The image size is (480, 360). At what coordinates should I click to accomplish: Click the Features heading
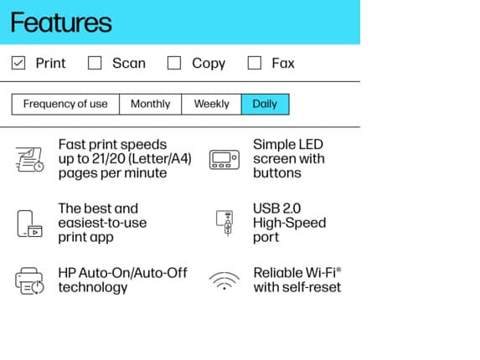[x=61, y=23]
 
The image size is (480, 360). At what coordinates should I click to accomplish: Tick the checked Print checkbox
[x=18, y=63]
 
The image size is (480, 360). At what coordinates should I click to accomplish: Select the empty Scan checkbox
[x=95, y=63]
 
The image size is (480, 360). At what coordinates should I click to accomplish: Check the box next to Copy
[x=174, y=63]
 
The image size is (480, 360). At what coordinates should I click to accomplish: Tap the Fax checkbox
[x=255, y=63]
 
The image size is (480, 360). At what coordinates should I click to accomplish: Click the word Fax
[x=283, y=64]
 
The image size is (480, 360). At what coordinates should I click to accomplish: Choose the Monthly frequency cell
[x=150, y=105]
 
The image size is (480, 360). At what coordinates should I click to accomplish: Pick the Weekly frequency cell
[x=212, y=105]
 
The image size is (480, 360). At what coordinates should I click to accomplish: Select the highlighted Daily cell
[x=265, y=105]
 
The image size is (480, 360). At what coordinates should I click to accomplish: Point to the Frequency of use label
[x=65, y=104]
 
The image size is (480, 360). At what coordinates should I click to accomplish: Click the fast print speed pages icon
[x=29, y=159]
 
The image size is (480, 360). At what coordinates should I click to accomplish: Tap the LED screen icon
[x=225, y=159]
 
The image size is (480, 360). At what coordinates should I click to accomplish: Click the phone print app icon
[x=29, y=224]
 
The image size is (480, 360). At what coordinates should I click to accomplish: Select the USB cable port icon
[x=225, y=223]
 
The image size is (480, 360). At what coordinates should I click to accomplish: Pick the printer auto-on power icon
[x=29, y=281]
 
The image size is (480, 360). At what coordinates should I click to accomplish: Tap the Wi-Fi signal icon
[x=225, y=280]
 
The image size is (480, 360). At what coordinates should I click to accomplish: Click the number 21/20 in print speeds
[x=109, y=159]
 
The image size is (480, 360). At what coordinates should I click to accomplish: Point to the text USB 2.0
[x=277, y=208]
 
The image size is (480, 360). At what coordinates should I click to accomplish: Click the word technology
[x=93, y=288]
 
